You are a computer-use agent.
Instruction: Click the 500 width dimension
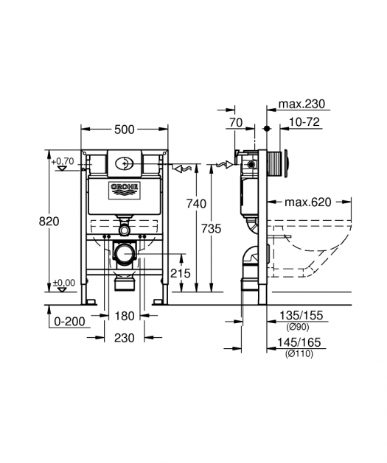click(124, 130)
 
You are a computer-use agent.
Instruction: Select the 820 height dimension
click(49, 221)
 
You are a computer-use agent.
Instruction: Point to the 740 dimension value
click(196, 204)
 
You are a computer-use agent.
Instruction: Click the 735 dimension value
click(211, 228)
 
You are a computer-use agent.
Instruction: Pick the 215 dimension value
click(181, 273)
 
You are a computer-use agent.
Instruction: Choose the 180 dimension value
click(125, 317)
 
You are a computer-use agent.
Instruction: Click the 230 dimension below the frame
click(125, 338)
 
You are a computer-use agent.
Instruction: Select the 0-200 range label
click(70, 321)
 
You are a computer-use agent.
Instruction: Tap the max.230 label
click(301, 104)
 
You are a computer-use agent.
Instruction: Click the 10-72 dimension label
click(304, 121)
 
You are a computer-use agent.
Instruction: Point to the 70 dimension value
click(236, 122)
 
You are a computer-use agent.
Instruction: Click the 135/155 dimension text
click(301, 316)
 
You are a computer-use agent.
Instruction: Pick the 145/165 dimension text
click(299, 342)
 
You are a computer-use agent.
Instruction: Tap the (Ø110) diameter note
click(299, 353)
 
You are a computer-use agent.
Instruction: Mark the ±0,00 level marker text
click(64, 283)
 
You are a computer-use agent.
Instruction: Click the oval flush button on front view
click(124, 163)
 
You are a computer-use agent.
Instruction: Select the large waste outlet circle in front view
click(125, 253)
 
